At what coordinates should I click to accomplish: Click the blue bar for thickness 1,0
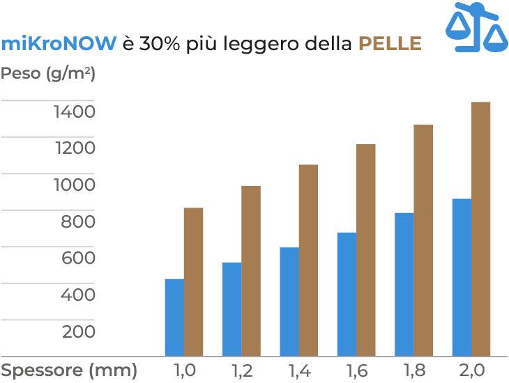[x=174, y=318]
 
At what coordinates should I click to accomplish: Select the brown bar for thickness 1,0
[x=193, y=282]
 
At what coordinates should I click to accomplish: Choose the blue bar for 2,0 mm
[x=462, y=277]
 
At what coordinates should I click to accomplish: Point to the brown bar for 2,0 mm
[x=481, y=229]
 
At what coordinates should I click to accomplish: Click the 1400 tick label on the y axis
[x=75, y=111]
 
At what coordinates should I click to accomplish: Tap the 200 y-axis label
[x=78, y=331]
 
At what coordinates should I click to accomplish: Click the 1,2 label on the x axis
[x=241, y=370]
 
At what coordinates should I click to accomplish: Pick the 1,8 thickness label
[x=413, y=370]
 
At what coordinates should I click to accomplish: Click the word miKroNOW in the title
[x=59, y=44]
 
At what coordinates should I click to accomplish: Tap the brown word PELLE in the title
[x=390, y=44]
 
